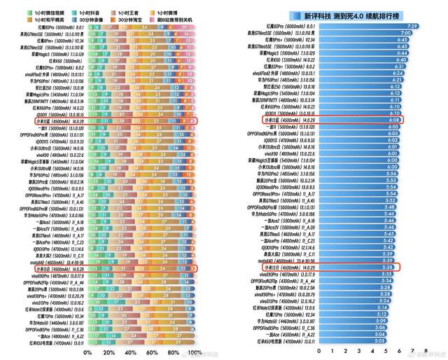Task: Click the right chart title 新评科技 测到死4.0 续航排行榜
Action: (x=368, y=14)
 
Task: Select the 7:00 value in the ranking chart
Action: (x=405, y=33)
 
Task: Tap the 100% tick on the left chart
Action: (x=195, y=352)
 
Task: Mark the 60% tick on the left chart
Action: (x=152, y=352)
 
